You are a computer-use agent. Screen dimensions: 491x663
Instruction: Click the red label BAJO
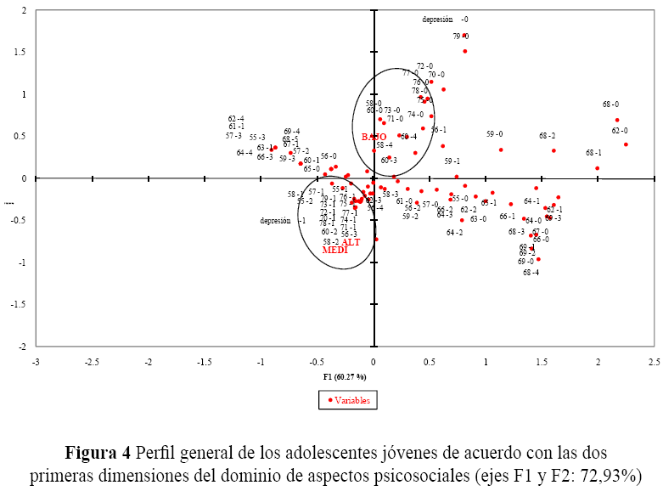click(374, 137)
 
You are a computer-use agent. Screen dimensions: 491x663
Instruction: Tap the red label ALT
click(351, 242)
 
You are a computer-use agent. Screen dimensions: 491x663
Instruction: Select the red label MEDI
click(335, 251)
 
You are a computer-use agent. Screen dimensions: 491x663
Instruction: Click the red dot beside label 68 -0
click(617, 120)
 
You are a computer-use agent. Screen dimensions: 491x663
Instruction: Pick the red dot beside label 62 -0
click(626, 144)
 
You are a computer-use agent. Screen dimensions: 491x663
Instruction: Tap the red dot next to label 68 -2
click(553, 150)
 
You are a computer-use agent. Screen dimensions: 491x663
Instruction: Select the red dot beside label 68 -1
click(598, 168)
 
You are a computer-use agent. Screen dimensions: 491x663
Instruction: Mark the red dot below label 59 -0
click(501, 150)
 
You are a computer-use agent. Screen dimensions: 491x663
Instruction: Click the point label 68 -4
click(531, 273)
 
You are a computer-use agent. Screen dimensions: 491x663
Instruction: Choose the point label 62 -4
click(236, 119)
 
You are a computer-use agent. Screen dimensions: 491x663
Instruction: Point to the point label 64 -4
click(244, 153)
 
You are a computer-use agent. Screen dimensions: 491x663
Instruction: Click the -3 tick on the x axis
click(36, 362)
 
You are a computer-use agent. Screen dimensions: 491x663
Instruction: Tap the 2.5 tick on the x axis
click(654, 362)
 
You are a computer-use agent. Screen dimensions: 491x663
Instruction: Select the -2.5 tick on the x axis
click(92, 362)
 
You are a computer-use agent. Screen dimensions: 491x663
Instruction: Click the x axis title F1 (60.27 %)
click(345, 376)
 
